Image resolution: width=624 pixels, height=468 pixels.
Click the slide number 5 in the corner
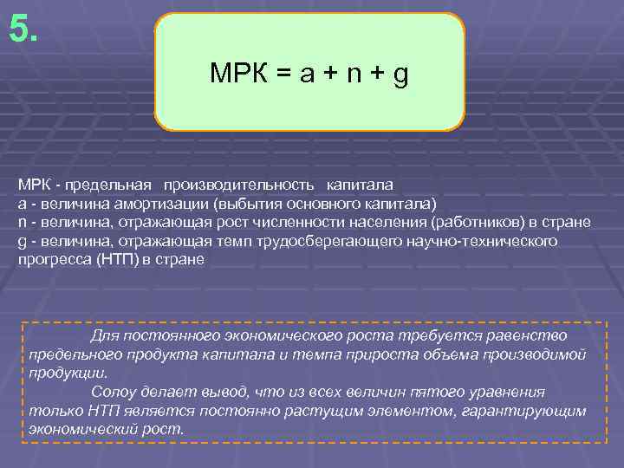(23, 30)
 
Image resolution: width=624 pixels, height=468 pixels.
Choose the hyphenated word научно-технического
(485, 241)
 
